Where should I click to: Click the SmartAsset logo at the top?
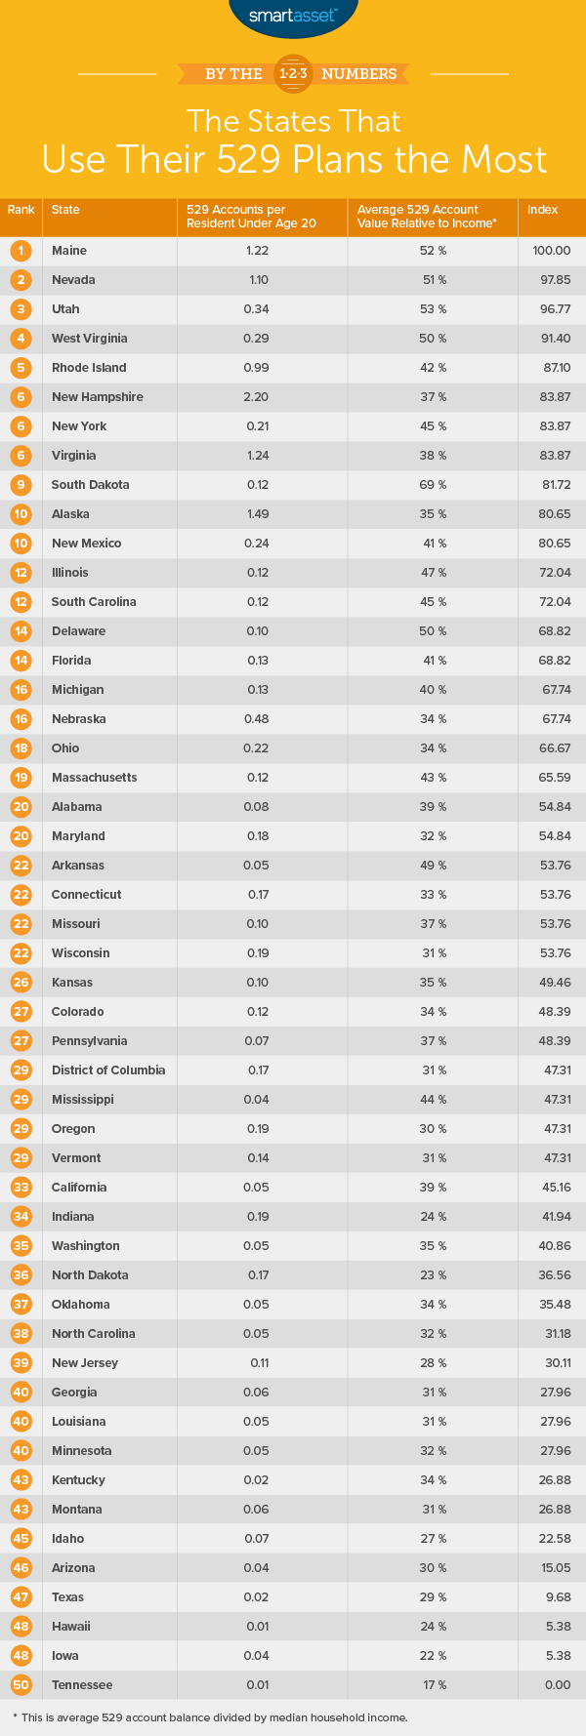293,17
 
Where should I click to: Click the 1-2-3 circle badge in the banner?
292,74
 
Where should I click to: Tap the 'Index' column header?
543,210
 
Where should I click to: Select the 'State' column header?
65,210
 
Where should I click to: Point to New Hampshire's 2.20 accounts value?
257,397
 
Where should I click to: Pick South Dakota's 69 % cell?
435,485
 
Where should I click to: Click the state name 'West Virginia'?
90,339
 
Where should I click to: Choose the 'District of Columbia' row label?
108,1070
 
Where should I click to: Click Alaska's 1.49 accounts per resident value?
257,514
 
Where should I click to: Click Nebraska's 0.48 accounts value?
257,719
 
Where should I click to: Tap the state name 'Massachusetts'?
94,778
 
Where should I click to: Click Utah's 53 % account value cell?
435,309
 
